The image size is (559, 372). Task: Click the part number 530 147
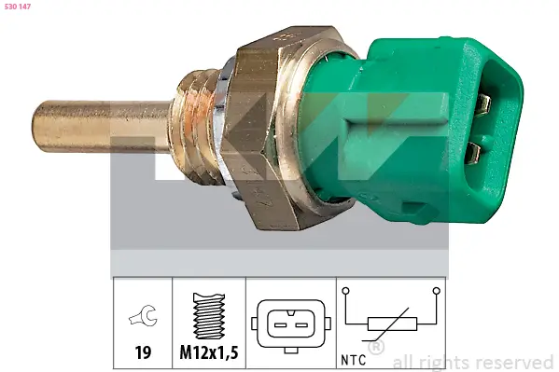(19, 8)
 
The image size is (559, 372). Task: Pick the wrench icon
(144, 319)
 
